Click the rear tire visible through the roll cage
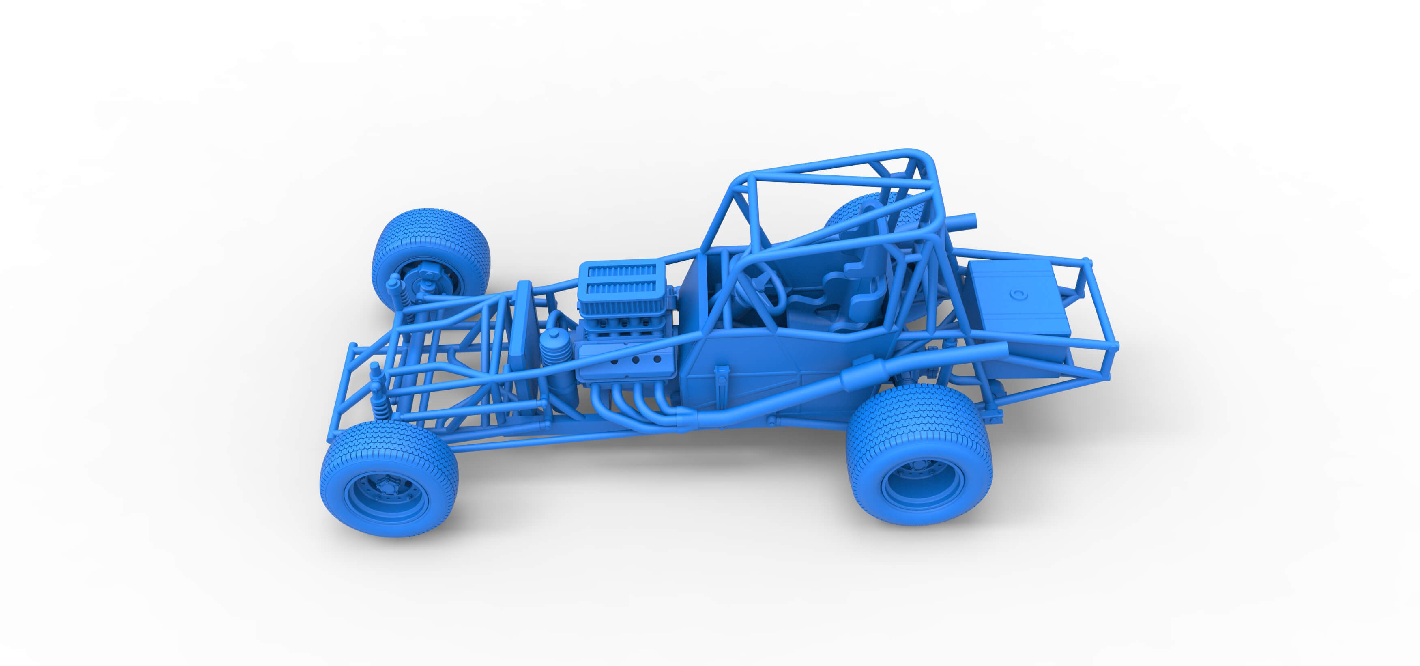click(852, 212)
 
